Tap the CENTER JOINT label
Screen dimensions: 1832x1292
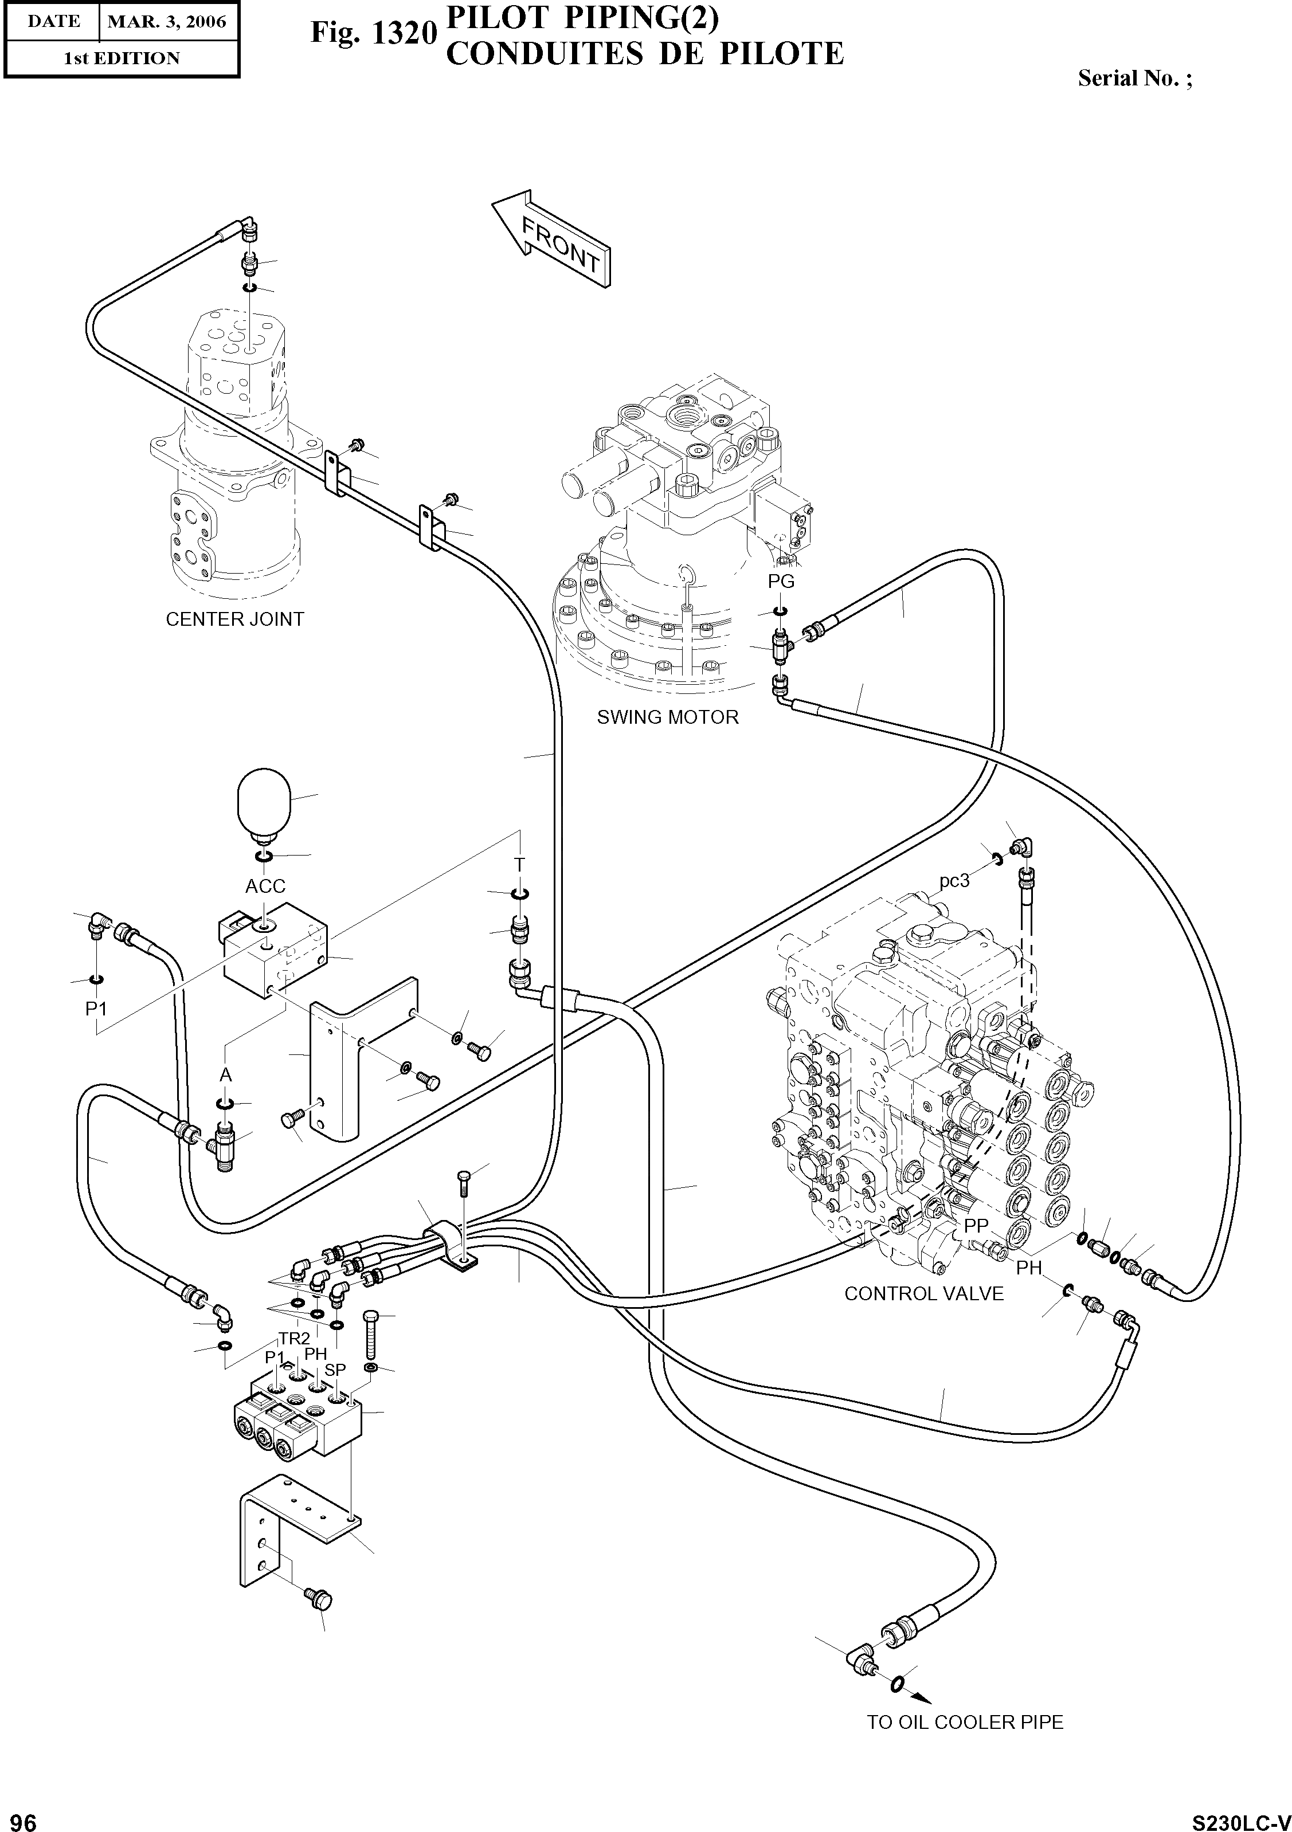tap(234, 619)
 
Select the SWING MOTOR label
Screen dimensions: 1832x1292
tap(667, 717)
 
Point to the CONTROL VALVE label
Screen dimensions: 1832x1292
tap(923, 1293)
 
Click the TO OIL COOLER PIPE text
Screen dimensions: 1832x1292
tap(965, 1744)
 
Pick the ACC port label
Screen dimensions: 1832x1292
tap(265, 886)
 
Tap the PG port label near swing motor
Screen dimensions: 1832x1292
tap(781, 582)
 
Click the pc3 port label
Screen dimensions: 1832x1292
tap(954, 881)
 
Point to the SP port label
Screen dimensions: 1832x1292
tap(335, 1369)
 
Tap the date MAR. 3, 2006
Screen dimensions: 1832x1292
tap(167, 22)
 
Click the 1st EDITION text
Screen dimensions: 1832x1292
tap(122, 58)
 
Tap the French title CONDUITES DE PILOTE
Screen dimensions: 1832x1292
tap(644, 53)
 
